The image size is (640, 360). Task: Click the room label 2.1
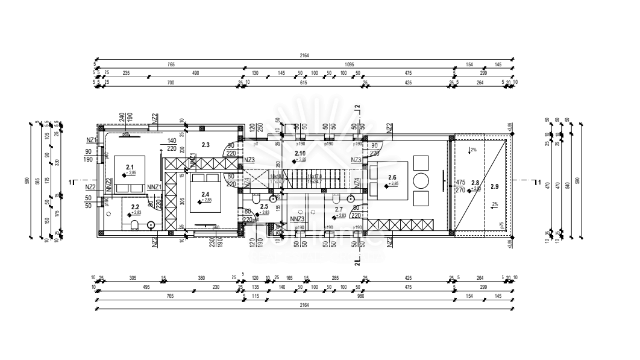(x=130, y=167)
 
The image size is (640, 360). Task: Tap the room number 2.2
(x=135, y=207)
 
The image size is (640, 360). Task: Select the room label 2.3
(x=205, y=145)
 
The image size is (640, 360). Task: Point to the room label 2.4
(x=205, y=194)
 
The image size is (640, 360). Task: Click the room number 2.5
(x=264, y=207)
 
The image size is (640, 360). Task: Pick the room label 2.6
(x=393, y=177)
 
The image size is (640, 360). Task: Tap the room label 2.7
(x=339, y=209)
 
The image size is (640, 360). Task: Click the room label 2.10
(x=300, y=154)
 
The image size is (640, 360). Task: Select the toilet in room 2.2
(x=134, y=226)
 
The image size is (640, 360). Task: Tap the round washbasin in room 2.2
(x=150, y=225)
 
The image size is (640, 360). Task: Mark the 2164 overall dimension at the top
(x=304, y=55)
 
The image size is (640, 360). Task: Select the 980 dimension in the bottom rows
(x=361, y=296)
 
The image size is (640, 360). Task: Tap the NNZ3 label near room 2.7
(x=296, y=219)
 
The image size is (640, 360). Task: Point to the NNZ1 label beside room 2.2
(x=154, y=188)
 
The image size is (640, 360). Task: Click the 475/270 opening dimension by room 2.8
(x=460, y=185)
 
